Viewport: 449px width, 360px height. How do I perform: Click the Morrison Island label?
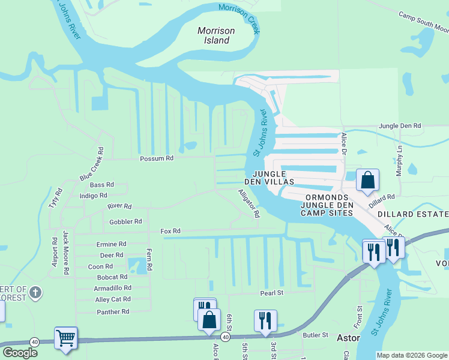pyautogui.click(x=216, y=35)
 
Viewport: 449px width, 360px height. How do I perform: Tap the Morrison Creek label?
pyautogui.click(x=240, y=17)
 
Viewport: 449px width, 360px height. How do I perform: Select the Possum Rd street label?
pyautogui.click(x=156, y=159)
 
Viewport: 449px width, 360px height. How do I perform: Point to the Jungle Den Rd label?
pyautogui.click(x=400, y=126)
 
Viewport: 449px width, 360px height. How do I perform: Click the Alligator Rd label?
pyautogui.click(x=249, y=203)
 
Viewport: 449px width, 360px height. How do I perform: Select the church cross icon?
pyautogui.click(x=35, y=293)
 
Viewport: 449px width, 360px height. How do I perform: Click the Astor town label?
pyautogui.click(x=348, y=338)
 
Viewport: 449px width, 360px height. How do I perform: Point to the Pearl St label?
pyautogui.click(x=271, y=293)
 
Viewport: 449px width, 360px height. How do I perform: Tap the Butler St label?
pyautogui.click(x=315, y=335)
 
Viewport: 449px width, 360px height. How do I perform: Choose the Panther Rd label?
pyautogui.click(x=113, y=311)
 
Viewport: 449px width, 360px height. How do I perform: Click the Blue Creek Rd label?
pyautogui.click(x=92, y=164)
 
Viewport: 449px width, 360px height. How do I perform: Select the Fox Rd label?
pyautogui.click(x=170, y=231)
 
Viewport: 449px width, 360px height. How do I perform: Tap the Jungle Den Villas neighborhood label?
pyautogui.click(x=268, y=176)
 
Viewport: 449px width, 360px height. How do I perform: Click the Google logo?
pyautogui.click(x=20, y=352)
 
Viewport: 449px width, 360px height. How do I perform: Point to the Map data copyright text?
pyautogui.click(x=411, y=355)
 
